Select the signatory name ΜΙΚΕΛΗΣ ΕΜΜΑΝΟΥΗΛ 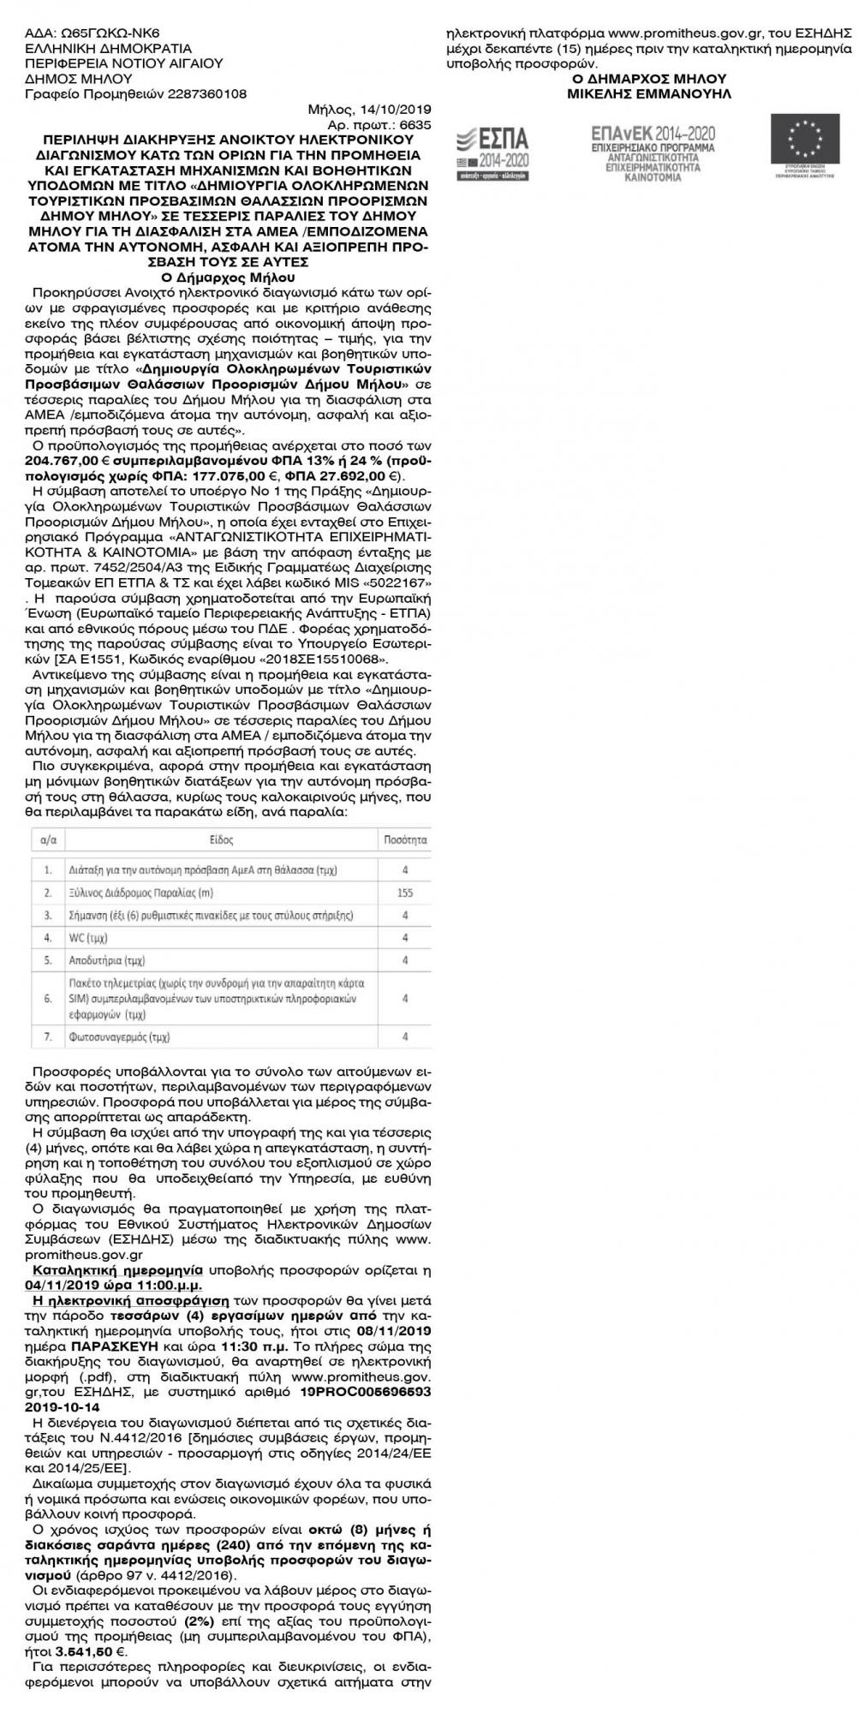(649, 93)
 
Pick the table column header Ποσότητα (406, 840)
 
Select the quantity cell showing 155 (405, 892)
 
